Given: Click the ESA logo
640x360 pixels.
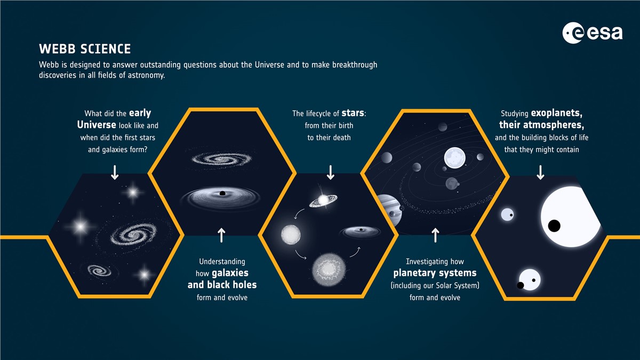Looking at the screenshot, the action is point(593,33).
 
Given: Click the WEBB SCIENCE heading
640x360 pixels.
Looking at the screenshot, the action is point(85,49).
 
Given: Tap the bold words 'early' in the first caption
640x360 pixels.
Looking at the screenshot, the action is point(140,114).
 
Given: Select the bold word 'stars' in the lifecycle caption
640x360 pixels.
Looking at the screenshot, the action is point(353,113).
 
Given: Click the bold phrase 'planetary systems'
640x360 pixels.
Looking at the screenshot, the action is point(435,273).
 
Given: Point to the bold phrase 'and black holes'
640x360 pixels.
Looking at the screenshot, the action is point(222,285).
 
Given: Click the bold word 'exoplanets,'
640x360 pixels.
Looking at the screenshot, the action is point(557,114).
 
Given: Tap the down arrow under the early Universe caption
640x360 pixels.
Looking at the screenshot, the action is point(115,172).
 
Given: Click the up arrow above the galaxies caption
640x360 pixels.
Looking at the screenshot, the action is point(221,235).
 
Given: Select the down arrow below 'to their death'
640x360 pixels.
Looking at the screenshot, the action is point(331,172).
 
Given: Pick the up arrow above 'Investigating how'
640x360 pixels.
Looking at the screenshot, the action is point(435,235).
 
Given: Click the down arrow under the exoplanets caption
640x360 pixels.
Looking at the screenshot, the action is point(540,172).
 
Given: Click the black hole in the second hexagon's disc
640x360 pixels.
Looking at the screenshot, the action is point(222,194).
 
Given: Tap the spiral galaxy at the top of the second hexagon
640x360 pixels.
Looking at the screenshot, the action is point(222,159).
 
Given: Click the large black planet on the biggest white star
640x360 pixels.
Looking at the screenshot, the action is point(554,226).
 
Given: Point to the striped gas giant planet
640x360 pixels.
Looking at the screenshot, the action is point(389,210).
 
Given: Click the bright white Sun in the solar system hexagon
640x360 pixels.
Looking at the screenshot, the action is point(454,158).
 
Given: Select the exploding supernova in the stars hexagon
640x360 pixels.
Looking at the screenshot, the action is point(329,269).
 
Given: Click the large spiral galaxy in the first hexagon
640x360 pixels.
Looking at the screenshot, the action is point(133,235).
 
